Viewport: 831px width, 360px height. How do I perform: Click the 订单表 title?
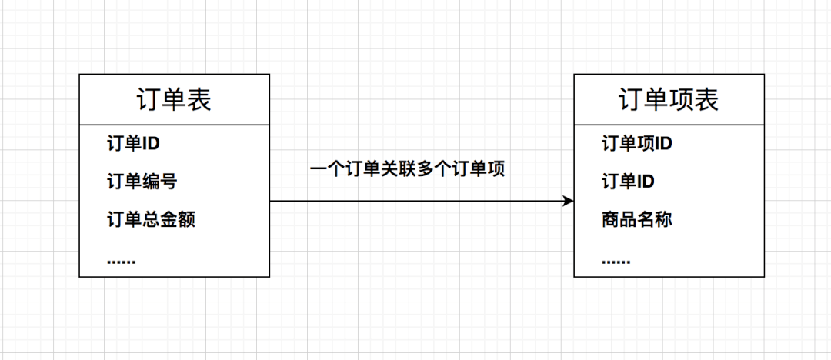coord(174,100)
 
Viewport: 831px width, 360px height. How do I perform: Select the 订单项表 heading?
coord(669,100)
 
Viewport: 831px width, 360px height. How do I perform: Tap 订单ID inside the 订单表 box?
coord(133,143)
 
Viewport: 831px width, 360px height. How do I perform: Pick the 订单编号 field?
coord(142,182)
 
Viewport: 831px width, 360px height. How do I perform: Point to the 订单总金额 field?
coord(151,220)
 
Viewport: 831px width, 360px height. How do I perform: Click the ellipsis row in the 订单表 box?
coord(121,260)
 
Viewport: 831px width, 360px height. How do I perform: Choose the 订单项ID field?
coord(637,143)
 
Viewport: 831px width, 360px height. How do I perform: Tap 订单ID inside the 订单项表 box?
coord(628,182)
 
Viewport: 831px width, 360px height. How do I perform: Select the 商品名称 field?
coord(637,220)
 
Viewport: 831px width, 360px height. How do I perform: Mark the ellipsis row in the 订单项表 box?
coord(616,260)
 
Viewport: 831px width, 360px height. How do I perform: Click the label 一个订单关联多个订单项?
coord(407,169)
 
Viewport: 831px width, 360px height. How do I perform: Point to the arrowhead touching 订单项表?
coord(569,201)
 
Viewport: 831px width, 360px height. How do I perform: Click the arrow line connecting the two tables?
coord(415,201)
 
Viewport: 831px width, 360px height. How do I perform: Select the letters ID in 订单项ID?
coord(663,143)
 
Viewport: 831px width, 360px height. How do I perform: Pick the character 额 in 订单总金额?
coord(186,220)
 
